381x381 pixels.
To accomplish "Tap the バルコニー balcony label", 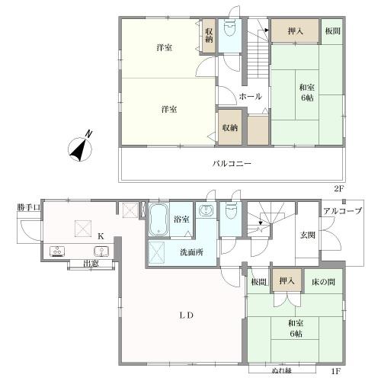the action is tap(232, 163).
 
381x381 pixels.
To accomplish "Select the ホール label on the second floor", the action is tap(250, 97).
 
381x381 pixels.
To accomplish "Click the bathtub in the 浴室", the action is tap(158, 219).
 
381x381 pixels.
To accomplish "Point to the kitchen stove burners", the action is tap(58, 251).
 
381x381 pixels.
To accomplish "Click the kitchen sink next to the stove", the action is tap(101, 251).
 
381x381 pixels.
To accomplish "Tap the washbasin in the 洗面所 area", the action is tap(206, 210).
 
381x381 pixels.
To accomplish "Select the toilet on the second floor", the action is tap(230, 28).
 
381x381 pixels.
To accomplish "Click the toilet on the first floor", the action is tap(231, 212).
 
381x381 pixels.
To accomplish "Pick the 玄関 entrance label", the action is tap(308, 235).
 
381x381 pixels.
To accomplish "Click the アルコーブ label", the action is tap(342, 211).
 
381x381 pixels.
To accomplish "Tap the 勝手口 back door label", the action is tap(29, 207).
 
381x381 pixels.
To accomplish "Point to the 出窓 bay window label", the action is tap(91, 264).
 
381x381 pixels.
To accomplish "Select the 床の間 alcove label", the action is tap(323, 282).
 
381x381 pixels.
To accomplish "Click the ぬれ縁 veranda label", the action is tap(281, 370).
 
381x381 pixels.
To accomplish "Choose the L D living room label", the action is tap(187, 315).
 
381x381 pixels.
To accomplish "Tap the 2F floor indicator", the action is tap(338, 189).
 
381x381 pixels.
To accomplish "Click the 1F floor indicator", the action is tap(335, 371).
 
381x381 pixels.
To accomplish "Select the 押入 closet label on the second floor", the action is tap(296, 31).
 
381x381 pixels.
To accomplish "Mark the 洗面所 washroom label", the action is tap(192, 252).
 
